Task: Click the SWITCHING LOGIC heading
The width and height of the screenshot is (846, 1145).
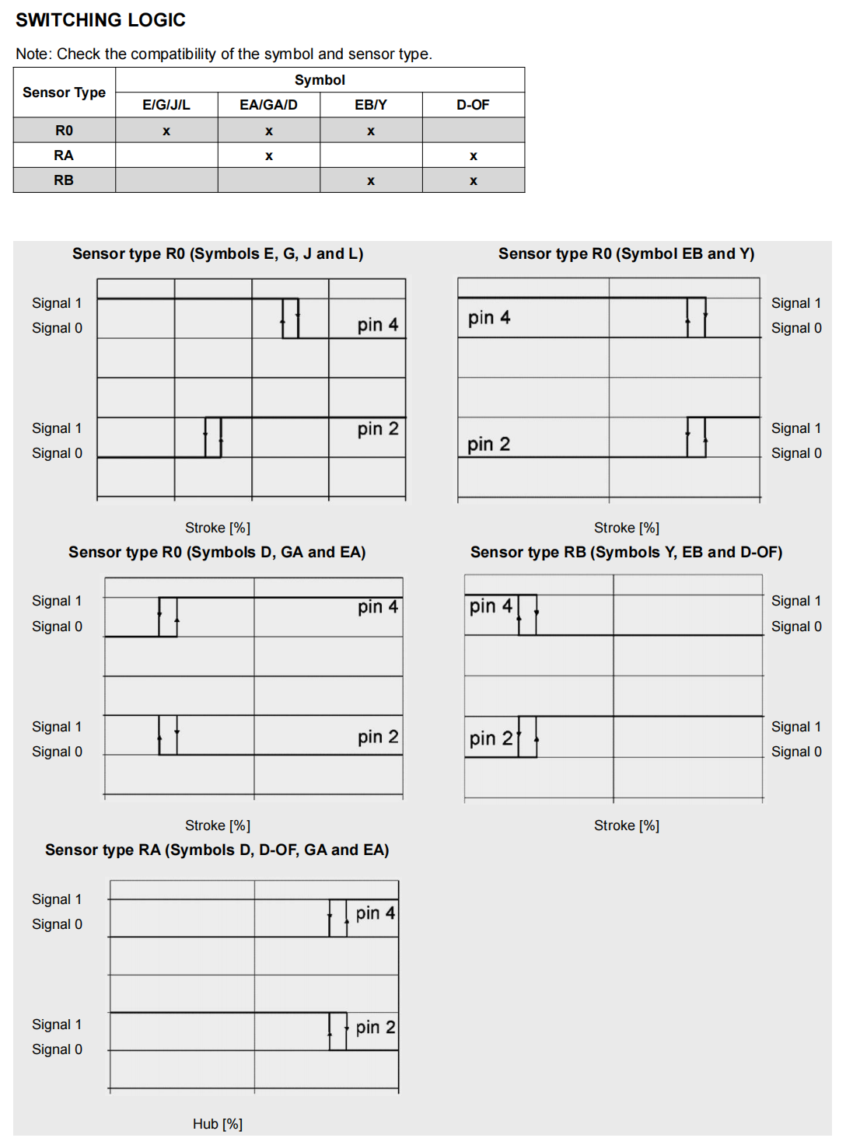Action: [x=100, y=20]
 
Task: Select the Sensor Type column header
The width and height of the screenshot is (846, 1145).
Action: [x=64, y=93]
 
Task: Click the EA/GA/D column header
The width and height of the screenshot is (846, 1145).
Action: [x=268, y=105]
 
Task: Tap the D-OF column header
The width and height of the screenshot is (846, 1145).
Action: [x=473, y=105]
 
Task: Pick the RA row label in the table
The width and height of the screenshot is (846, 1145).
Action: [x=64, y=155]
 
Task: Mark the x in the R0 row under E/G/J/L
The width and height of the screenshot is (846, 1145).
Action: [x=166, y=131]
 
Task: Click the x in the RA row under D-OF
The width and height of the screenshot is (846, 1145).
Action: [x=473, y=156]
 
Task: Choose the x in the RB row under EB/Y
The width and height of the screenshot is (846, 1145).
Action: [x=371, y=181]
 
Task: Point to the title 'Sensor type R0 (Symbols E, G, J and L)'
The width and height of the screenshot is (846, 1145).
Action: [x=218, y=253]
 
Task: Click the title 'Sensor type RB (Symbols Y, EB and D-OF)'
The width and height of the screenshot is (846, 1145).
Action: [x=626, y=552]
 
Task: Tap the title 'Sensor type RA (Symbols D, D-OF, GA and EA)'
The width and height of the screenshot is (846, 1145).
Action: [x=217, y=850]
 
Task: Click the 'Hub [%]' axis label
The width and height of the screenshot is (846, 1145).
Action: [x=218, y=1124]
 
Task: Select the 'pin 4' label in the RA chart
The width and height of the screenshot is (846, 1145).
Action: [x=376, y=913]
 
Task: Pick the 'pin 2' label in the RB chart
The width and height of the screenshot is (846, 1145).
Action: [x=491, y=738]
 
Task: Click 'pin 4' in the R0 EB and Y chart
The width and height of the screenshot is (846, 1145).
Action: [x=489, y=317]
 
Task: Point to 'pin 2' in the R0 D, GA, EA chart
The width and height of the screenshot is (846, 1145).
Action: [x=378, y=737]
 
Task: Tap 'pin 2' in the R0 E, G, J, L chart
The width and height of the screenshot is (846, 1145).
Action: [x=378, y=429]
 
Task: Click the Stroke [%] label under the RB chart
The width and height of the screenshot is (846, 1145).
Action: [x=626, y=826]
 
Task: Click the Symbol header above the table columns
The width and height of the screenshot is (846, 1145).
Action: [x=320, y=80]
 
